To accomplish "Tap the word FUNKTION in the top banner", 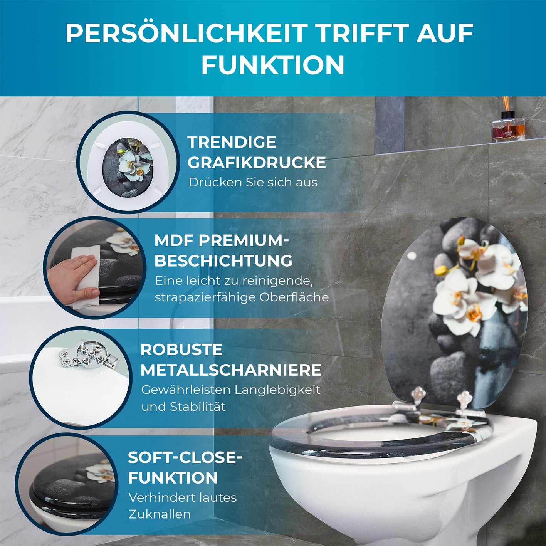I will point(273,65).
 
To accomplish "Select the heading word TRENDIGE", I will point(232,142).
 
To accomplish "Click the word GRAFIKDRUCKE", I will point(257,163).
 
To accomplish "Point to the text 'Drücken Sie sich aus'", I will point(253,182).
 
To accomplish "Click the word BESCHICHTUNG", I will point(223,261).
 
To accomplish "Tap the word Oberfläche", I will point(294,297).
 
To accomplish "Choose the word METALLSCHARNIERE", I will point(230,370).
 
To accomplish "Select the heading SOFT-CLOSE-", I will point(185,458).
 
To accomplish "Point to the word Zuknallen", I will point(160,514).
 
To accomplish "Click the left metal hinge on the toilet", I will point(418,396).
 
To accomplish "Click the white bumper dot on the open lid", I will point(412,255).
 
